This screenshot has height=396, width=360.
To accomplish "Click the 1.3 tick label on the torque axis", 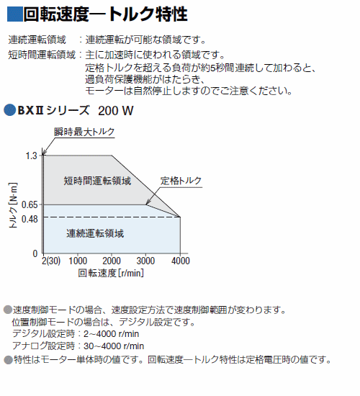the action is (x=32, y=156).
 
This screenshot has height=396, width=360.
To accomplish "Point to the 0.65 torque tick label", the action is (x=30, y=204).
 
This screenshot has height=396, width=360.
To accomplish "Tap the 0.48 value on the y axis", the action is (x=30, y=219).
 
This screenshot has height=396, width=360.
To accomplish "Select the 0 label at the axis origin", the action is (x=35, y=253).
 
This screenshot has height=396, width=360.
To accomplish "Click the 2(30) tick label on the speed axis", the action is (x=51, y=261).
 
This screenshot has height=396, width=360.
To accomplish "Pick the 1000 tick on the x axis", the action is (x=78, y=261).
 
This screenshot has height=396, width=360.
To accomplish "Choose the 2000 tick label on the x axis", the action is (x=112, y=261).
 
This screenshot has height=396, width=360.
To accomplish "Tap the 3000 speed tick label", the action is (x=145, y=261).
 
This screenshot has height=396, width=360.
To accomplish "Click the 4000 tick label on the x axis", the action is (x=181, y=261).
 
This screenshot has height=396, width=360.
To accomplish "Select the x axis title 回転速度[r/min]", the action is (x=111, y=273).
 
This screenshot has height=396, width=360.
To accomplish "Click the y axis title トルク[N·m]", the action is (x=13, y=205).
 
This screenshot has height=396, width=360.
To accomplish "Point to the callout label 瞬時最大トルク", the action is (x=84, y=132).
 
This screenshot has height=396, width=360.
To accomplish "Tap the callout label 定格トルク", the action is (x=181, y=181).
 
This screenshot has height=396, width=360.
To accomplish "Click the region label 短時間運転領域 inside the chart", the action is (x=97, y=181).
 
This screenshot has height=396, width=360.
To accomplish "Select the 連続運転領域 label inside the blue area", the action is (x=95, y=233).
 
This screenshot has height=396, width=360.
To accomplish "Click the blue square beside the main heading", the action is (x=15, y=14).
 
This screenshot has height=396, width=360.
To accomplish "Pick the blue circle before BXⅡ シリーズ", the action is (x=9, y=110).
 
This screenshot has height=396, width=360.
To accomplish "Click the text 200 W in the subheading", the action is (x=115, y=111).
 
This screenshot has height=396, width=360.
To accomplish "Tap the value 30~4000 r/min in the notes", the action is (x=114, y=346).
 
